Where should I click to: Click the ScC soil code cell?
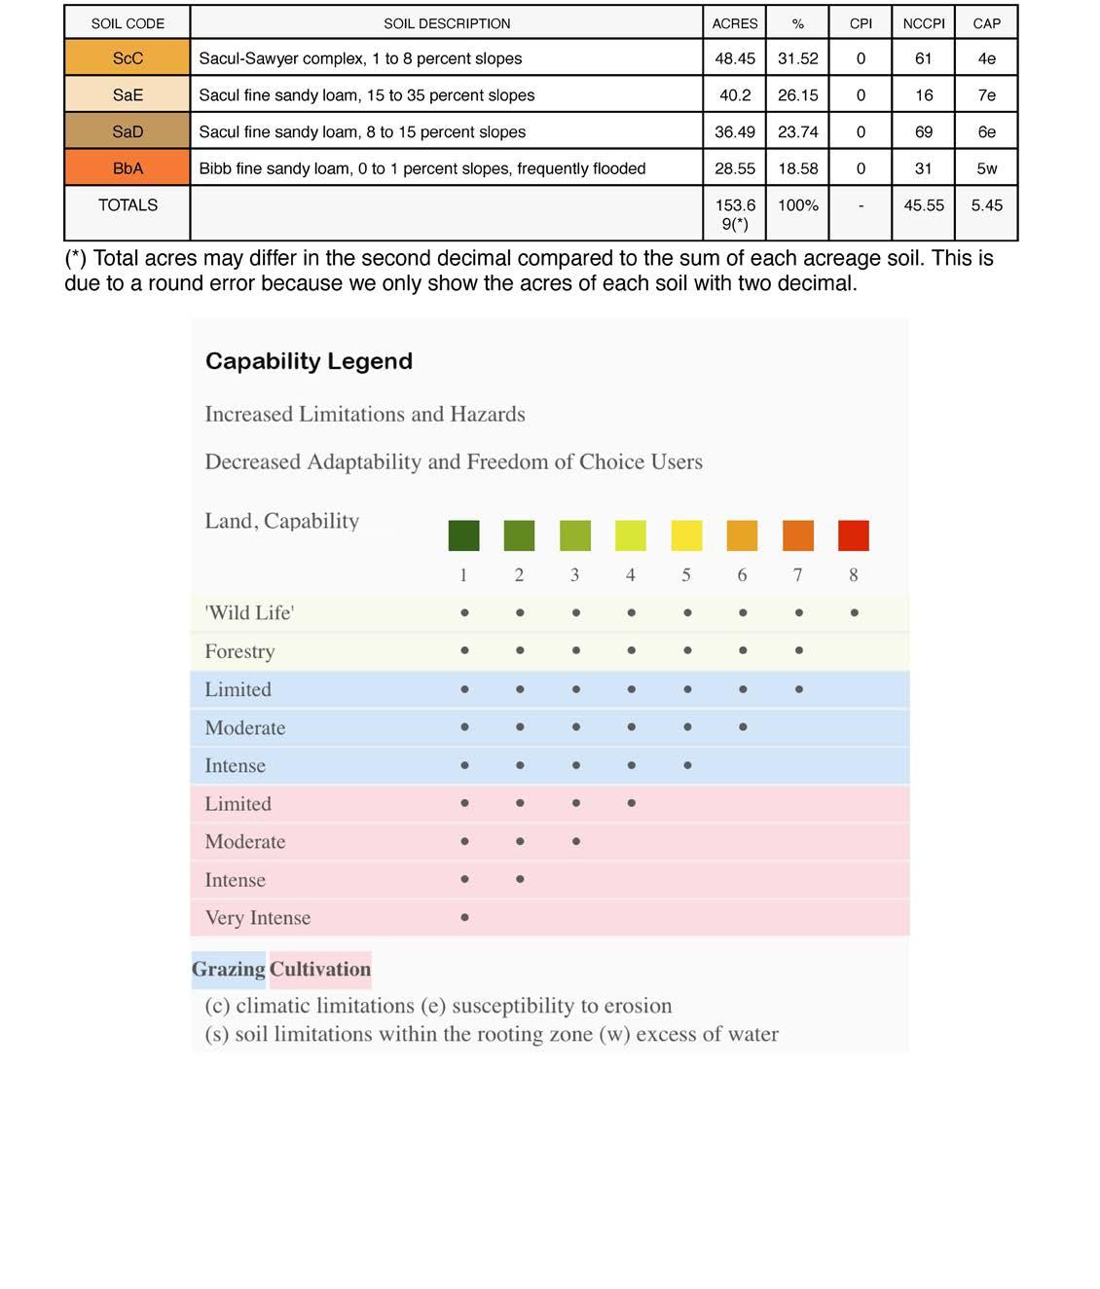(128, 58)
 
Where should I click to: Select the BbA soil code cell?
(128, 168)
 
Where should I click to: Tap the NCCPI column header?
(923, 23)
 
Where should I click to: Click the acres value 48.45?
(735, 58)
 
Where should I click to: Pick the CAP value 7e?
(986, 95)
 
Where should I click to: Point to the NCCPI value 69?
(923, 131)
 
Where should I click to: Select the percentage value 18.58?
(797, 168)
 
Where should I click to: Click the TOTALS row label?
(128, 205)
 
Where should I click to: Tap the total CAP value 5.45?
(986, 205)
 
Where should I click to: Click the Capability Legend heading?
(309, 361)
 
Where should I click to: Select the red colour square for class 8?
(854, 535)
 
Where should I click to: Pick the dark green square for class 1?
(463, 535)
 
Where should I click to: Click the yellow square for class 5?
(686, 535)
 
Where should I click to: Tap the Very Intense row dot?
(464, 917)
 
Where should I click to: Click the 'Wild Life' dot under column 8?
(854, 612)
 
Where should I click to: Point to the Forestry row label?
(239, 651)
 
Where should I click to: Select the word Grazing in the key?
(228, 970)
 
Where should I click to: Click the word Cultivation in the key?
(320, 970)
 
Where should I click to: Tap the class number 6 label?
(742, 575)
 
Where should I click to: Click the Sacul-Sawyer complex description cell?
(360, 58)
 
